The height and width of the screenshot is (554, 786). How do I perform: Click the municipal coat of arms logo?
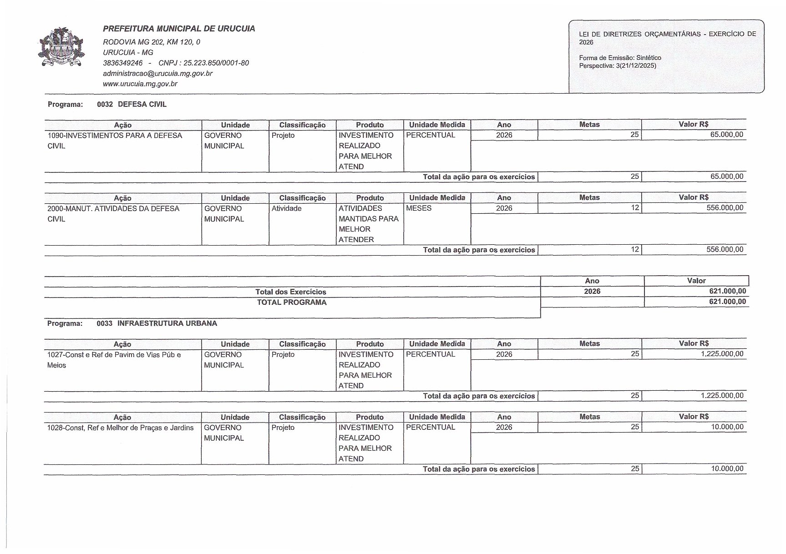[x=61, y=47]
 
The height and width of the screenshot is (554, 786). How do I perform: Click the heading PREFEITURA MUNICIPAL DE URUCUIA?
[x=179, y=29]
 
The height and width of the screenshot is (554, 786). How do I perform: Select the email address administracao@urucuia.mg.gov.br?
[x=157, y=73]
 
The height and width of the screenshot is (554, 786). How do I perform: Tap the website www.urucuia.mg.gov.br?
[x=140, y=84]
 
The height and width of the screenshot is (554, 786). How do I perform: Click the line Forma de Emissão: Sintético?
[x=620, y=58]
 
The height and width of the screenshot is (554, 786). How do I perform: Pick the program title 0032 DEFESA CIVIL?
[x=132, y=104]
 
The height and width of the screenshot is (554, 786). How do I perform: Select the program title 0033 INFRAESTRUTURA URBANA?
[x=157, y=323]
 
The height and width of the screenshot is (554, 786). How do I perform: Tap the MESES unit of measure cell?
[x=419, y=208]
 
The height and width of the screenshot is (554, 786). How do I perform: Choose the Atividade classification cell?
[x=286, y=208]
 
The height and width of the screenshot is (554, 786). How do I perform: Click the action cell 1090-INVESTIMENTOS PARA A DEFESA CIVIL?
[x=115, y=141]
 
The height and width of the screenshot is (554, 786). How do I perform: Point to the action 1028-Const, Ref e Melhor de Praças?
[x=120, y=428]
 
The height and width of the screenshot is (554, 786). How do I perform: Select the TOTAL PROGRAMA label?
[x=291, y=302]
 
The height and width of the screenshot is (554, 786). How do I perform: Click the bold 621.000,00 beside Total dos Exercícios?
[x=727, y=291]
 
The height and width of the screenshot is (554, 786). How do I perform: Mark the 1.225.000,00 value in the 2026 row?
[x=722, y=354]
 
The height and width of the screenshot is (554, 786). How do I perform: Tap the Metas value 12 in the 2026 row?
[x=635, y=208]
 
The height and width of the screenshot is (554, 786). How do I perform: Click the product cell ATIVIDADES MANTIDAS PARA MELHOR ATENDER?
[x=369, y=224]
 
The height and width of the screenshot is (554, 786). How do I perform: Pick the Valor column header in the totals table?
[x=696, y=281]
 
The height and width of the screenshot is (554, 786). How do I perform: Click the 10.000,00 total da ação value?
[x=727, y=468]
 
